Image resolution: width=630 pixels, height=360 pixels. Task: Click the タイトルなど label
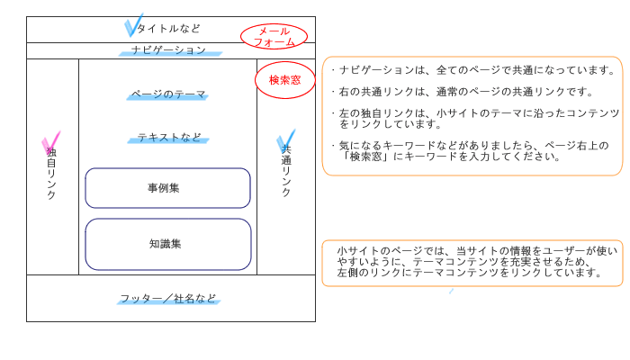pos(169,29)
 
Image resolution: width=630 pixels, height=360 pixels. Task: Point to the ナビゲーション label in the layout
pos(169,49)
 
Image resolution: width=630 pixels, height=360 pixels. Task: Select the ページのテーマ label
pos(168,94)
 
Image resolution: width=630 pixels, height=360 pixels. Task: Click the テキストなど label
pos(169,138)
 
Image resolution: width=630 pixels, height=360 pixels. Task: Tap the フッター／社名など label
pos(168,299)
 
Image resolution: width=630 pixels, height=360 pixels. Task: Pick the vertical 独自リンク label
pos(51,173)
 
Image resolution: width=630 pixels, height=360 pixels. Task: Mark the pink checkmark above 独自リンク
pos(50,142)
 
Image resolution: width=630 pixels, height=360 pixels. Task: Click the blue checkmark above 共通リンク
pos(285,140)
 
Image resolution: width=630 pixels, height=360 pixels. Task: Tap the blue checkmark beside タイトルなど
pos(134,25)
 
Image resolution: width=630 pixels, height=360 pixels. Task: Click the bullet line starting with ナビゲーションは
pos(473,70)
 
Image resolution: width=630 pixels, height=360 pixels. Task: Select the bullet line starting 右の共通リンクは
pos(463,92)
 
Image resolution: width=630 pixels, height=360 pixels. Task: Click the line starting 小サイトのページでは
pos(477,251)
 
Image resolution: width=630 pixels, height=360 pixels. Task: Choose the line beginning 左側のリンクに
pos(469,273)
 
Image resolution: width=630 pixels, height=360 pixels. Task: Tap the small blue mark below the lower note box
pos(451,291)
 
